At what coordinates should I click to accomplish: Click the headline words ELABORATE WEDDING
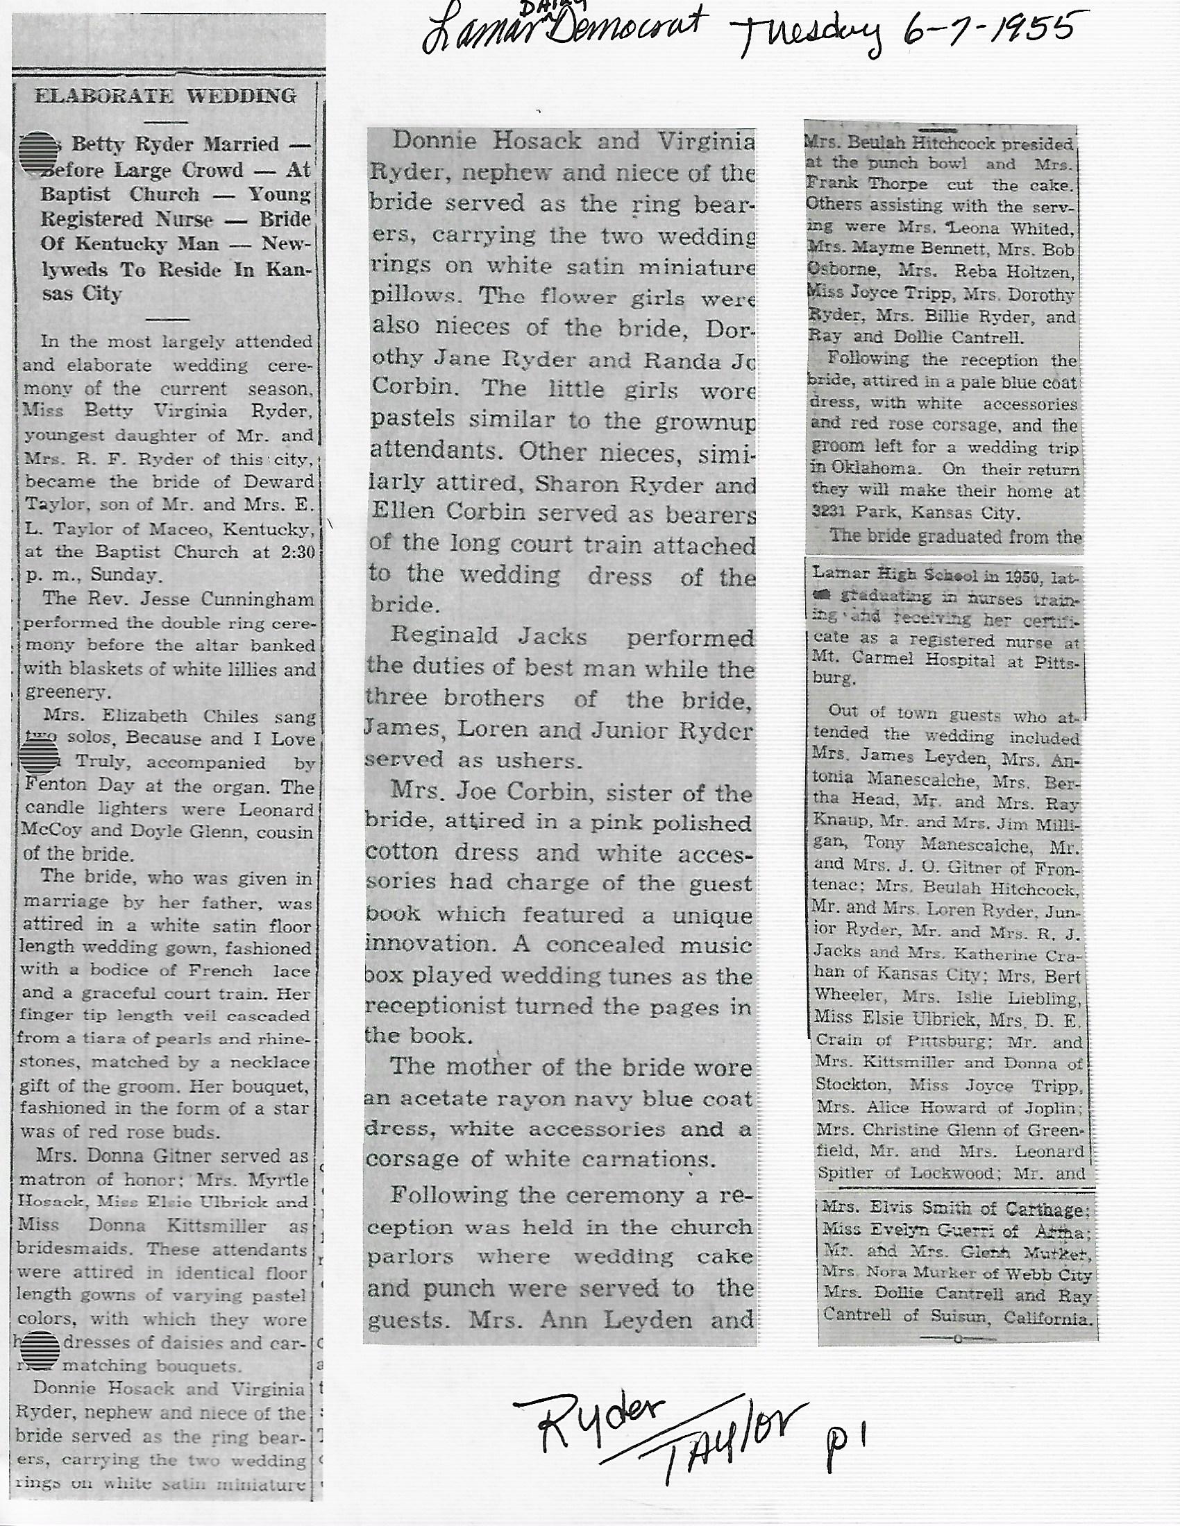coord(166,96)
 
